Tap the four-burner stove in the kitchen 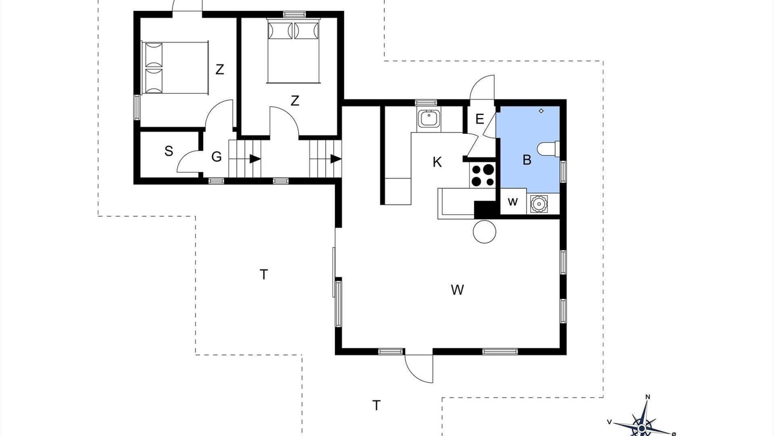[483, 175]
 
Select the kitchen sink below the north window [429, 119]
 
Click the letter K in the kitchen [437, 162]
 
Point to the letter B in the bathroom [527, 160]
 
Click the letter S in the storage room [169, 151]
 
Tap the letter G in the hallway [216, 157]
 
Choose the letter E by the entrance [480, 119]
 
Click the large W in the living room [457, 289]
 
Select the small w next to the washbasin [513, 202]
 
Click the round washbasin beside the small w [538, 203]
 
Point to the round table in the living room [484, 231]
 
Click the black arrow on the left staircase [255, 159]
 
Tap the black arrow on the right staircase [336, 159]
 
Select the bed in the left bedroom [175, 68]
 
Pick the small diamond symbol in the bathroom [541, 111]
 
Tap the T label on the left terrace [264, 274]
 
